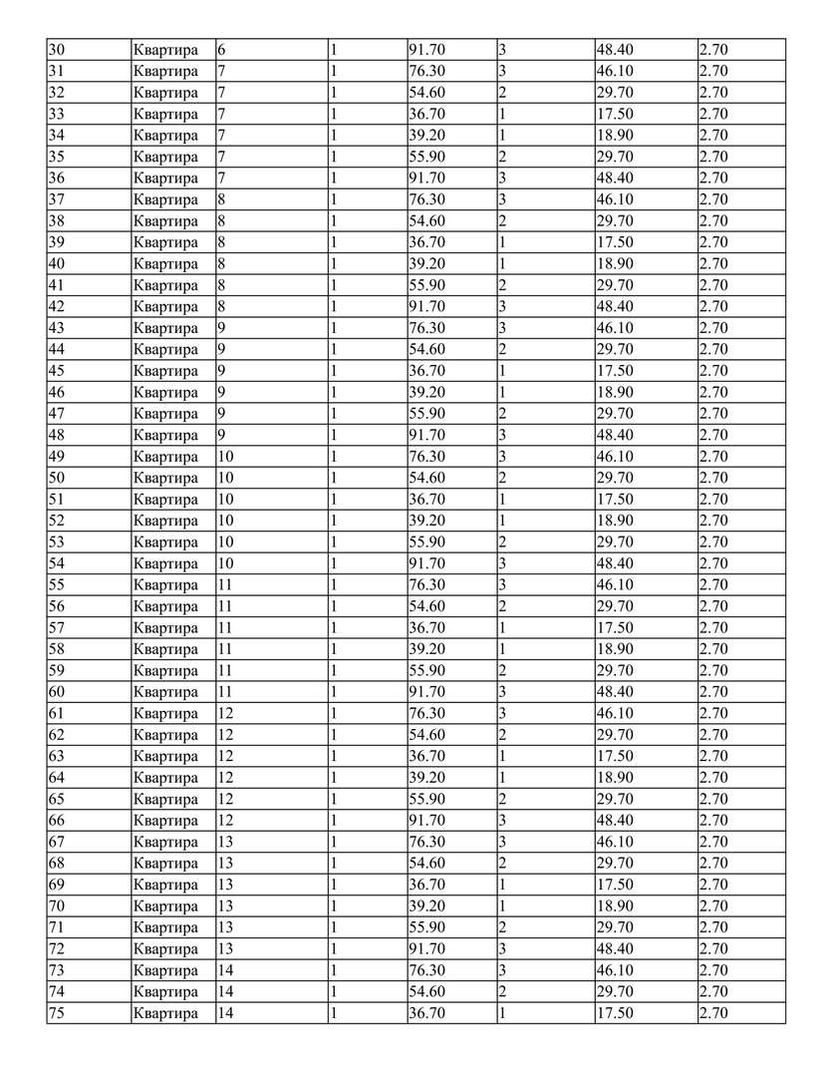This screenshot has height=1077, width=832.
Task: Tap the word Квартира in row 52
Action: click(x=165, y=521)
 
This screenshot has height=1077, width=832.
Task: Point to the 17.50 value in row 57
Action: click(x=614, y=628)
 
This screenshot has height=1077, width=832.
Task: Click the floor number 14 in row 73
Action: click(x=226, y=970)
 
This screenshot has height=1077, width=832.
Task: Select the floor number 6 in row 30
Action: click(x=222, y=50)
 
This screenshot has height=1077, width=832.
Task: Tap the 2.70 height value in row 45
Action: click(x=713, y=371)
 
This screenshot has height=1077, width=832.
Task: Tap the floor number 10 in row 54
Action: click(x=226, y=563)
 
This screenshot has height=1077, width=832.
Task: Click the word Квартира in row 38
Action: click(x=165, y=221)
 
